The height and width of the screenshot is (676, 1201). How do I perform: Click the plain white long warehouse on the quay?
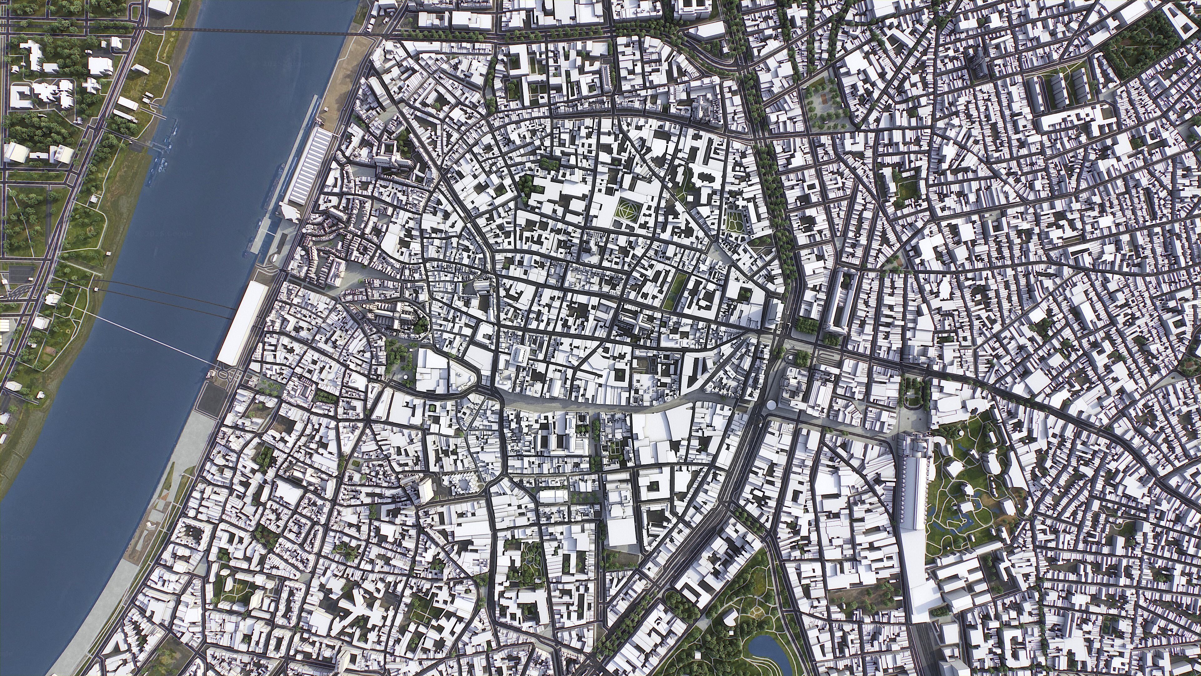coord(241,322)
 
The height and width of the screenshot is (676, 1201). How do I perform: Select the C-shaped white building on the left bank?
coord(20,96)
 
